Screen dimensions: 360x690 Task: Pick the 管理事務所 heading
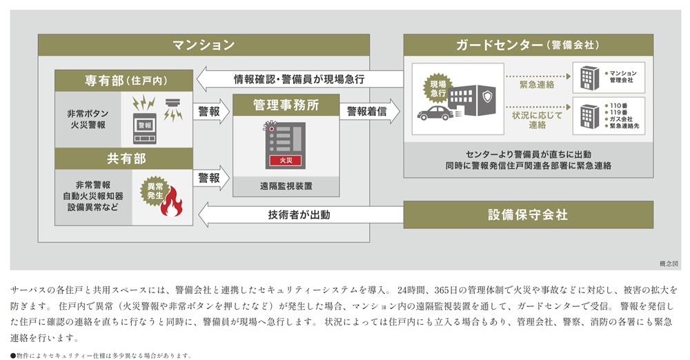point(286,106)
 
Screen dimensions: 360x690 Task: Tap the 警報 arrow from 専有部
point(211,111)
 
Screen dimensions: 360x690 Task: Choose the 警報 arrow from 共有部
point(211,178)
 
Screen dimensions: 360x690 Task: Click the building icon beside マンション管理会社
point(589,77)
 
